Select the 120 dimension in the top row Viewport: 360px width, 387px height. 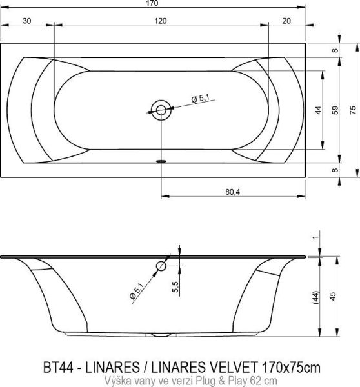[160, 21]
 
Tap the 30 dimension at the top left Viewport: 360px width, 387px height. [26, 21]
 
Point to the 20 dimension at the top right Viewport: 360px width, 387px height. [286, 21]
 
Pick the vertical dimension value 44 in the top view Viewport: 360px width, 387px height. [318, 110]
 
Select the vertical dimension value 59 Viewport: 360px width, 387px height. [334, 110]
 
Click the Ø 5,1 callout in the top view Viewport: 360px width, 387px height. [201, 99]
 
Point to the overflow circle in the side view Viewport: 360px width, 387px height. [161, 266]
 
